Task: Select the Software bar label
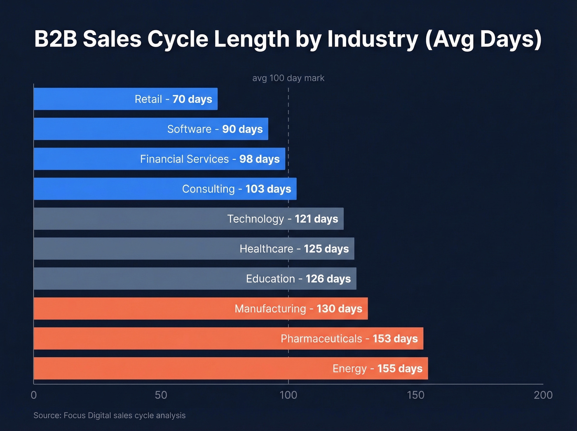coord(189,129)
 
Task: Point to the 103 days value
coord(268,189)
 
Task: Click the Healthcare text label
coord(266,249)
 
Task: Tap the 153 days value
coord(395,339)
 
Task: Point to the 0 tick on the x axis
coord(34,395)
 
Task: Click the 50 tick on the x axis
coord(161,395)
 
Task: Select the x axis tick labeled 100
coord(288,395)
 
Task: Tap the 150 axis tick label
coord(415,395)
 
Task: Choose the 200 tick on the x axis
coord(543,395)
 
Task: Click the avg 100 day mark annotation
coord(288,78)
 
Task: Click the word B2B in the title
coord(55,39)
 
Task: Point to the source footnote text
coord(109,415)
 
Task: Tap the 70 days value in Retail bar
coord(192,99)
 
